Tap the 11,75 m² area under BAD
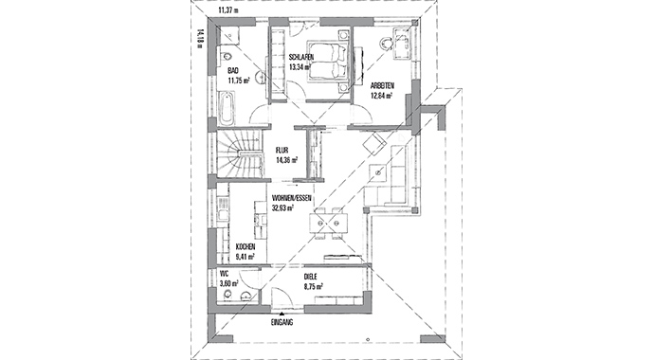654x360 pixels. click(x=239, y=81)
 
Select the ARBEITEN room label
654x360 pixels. click(x=383, y=86)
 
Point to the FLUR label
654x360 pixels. click(x=282, y=151)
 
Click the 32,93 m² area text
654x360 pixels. click(x=283, y=207)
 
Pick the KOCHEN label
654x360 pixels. click(x=245, y=247)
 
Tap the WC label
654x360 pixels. click(x=224, y=274)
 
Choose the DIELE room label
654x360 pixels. click(x=310, y=277)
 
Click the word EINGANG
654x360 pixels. click(x=282, y=322)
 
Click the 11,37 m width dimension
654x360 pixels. click(x=228, y=10)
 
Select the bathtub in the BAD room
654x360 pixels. click(x=227, y=108)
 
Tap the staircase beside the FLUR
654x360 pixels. click(x=240, y=153)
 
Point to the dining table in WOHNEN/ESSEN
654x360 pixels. click(x=328, y=223)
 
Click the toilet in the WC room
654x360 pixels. click(x=227, y=295)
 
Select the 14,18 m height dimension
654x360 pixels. click(x=200, y=39)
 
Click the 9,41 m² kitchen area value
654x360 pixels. click(x=245, y=257)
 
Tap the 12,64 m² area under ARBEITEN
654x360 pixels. click(x=382, y=96)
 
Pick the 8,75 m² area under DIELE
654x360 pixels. click(x=314, y=286)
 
